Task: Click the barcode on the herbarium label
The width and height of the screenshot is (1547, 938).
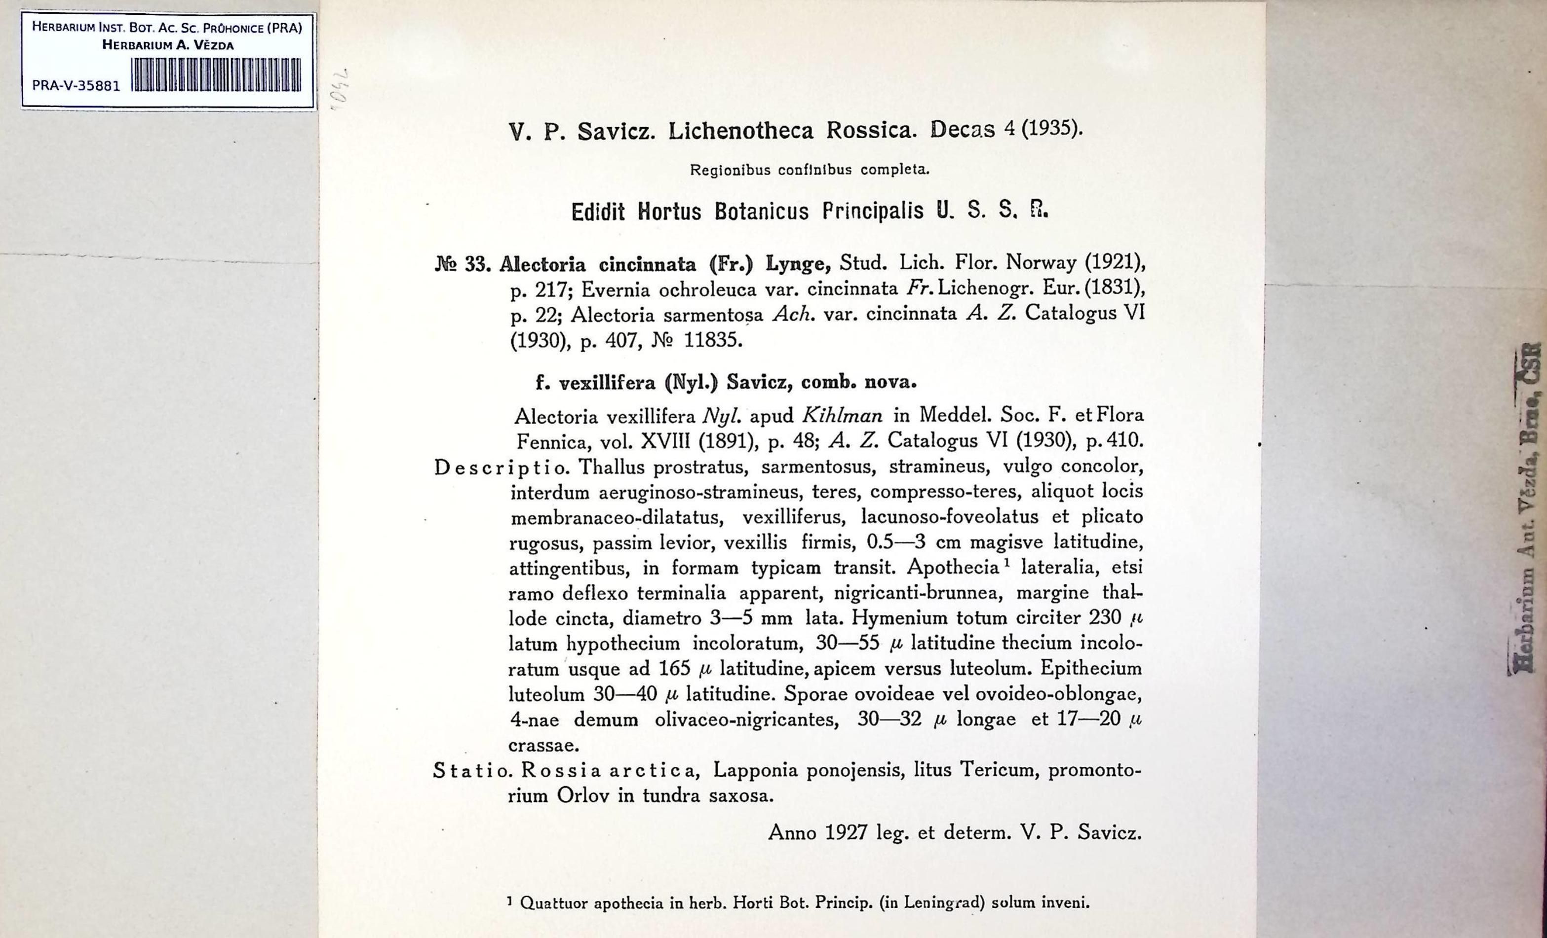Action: [x=217, y=75]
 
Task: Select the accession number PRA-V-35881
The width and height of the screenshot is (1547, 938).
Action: [x=76, y=86]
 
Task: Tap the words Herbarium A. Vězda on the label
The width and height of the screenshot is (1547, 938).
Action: [x=168, y=45]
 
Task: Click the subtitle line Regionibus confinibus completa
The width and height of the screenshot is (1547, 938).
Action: [x=809, y=170]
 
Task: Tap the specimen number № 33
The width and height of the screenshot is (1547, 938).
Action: [x=463, y=265]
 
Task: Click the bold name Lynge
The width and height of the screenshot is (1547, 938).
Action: [x=798, y=264]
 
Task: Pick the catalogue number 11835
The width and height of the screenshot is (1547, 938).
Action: [x=713, y=341]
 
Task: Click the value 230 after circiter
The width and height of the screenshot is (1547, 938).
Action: [x=1104, y=618]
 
